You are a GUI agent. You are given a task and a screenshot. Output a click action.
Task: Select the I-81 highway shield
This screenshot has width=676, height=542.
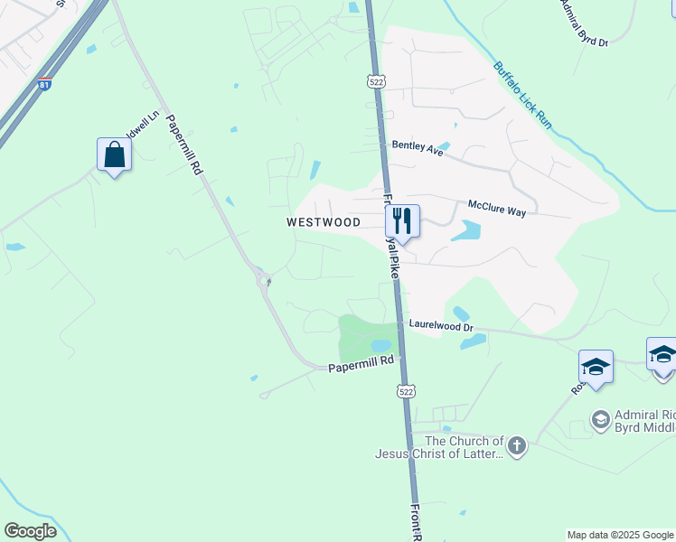[x=45, y=84]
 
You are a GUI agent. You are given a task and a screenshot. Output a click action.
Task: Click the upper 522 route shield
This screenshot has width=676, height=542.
[x=377, y=81]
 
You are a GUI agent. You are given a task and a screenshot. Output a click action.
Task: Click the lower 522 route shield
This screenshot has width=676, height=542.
[x=407, y=390]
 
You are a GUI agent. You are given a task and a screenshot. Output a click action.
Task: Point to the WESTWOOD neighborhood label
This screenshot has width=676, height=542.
[x=324, y=222]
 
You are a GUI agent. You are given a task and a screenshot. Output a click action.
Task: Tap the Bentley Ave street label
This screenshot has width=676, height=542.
[x=418, y=149]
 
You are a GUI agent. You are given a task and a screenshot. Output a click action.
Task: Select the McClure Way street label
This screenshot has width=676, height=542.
[x=496, y=209]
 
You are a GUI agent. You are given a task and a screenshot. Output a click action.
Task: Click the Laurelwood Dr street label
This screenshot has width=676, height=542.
[x=441, y=322]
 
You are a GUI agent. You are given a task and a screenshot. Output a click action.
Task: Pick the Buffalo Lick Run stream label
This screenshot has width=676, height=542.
[x=521, y=94]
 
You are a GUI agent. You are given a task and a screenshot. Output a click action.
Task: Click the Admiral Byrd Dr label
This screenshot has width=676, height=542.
[x=584, y=23]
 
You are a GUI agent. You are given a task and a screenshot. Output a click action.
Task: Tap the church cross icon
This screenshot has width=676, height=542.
[x=516, y=445]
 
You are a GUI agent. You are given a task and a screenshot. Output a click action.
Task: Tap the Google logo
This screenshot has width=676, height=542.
[x=30, y=531]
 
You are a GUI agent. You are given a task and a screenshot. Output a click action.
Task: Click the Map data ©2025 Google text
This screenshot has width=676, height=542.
[x=619, y=535]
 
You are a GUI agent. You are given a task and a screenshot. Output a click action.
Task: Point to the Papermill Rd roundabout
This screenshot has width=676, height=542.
[x=265, y=280]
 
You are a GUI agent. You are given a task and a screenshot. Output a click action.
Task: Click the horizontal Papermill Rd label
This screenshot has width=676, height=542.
[x=361, y=365]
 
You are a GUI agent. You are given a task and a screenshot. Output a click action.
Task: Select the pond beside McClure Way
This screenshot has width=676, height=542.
[x=465, y=230]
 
